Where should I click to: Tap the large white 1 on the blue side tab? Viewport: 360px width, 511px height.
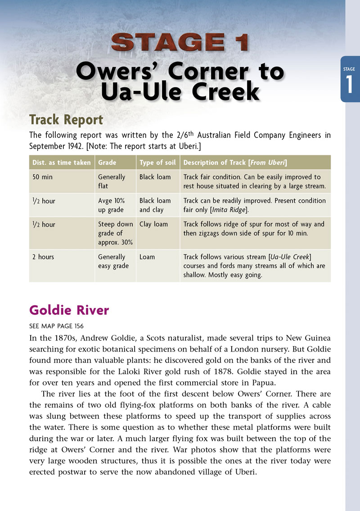coord(350,85)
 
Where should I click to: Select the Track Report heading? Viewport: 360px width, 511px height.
coord(66,120)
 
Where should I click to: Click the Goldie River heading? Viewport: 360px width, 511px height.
coord(69,311)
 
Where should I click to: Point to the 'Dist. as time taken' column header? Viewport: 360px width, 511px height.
coord(61,163)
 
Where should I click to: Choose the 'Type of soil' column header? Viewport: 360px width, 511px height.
coord(157,163)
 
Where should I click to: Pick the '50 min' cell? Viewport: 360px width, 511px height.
coord(42,177)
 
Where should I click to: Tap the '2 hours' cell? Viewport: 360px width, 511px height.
coord(43,257)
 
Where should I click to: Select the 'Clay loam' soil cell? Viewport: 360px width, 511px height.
coord(153,224)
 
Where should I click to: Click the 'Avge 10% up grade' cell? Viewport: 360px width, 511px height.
coord(112,205)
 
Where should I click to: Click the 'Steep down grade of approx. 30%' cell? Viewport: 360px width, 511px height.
coord(115,233)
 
